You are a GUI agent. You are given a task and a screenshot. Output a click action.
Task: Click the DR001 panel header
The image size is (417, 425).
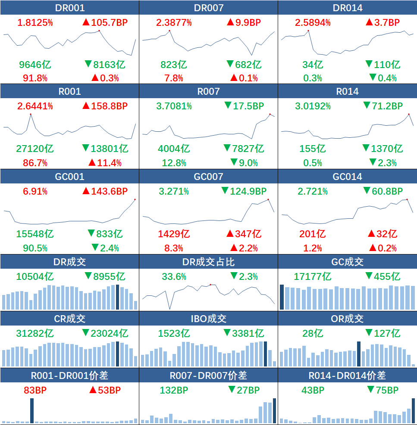[x=69, y=8]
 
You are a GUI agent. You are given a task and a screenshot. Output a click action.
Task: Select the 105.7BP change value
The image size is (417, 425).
[x=105, y=22]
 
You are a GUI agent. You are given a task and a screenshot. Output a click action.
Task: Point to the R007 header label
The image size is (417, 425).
[x=208, y=91]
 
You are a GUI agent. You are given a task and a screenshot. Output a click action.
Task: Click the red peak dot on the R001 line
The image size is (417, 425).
[x=31, y=114]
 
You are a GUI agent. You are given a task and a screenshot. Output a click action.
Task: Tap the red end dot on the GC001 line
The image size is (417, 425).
[x=135, y=199]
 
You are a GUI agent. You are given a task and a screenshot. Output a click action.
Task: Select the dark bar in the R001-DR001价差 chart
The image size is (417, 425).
[x=32, y=411]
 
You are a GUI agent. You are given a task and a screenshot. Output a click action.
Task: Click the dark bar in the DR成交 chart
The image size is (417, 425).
[x=117, y=297]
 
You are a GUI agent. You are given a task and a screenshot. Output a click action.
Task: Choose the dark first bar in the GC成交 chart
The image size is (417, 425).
[x=282, y=297]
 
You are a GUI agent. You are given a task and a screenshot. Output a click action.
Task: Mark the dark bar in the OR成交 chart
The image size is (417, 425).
[x=358, y=354]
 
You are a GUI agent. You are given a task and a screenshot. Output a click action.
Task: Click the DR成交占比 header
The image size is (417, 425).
[x=208, y=262]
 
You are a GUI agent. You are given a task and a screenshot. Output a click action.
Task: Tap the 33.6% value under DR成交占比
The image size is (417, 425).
[x=174, y=276]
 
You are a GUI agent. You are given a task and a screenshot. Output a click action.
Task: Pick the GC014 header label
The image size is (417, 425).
[x=348, y=177]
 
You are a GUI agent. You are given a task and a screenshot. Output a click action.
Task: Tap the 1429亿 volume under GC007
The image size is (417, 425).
[x=174, y=234]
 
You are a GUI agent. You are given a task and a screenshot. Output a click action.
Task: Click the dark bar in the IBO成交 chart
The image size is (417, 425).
[x=266, y=354]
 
